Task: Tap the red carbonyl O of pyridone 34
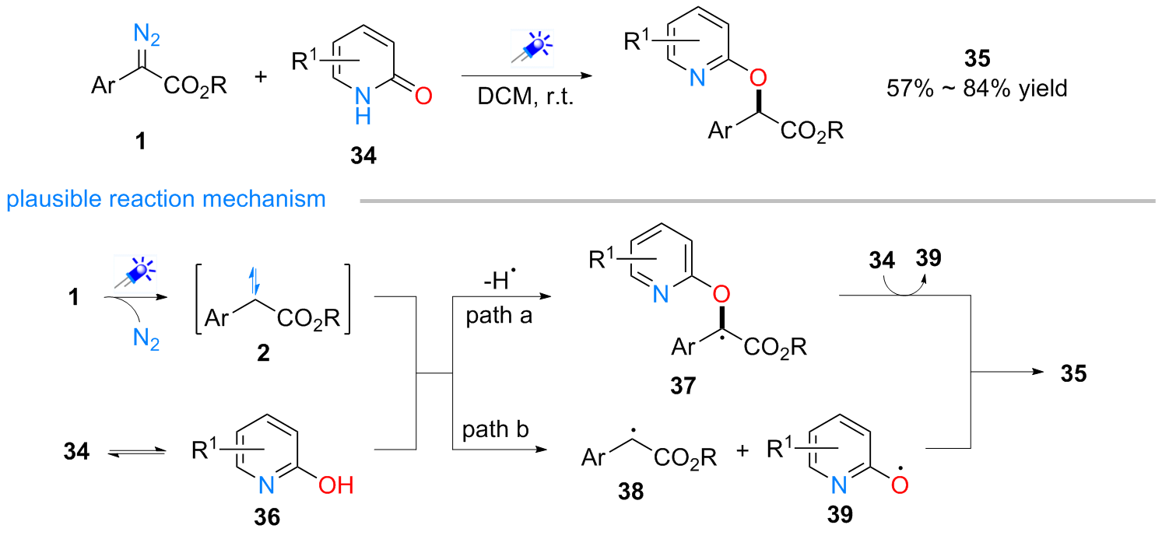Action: click(x=423, y=96)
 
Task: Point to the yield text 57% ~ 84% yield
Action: click(x=976, y=88)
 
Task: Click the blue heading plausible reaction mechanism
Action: click(x=165, y=199)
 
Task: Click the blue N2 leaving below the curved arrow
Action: click(x=146, y=340)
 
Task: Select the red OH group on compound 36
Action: click(x=336, y=486)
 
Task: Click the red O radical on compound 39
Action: click(x=901, y=484)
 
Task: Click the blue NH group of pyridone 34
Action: click(x=360, y=105)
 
